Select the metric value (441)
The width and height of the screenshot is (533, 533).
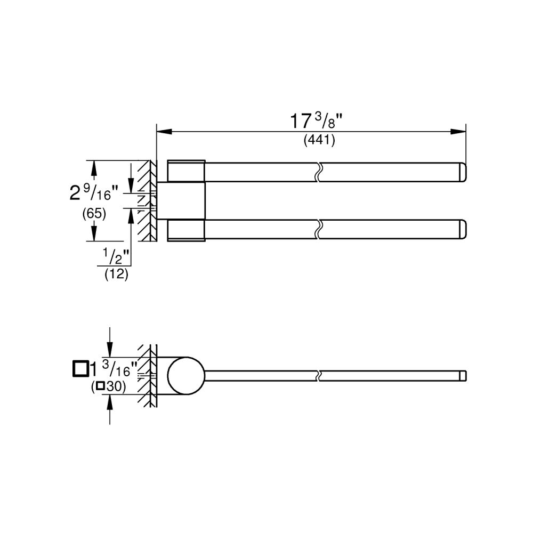tap(319, 140)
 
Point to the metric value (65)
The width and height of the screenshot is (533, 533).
tap(94, 213)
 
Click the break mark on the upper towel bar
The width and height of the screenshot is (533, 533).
tap(318, 173)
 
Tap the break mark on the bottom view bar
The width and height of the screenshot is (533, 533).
tap(318, 376)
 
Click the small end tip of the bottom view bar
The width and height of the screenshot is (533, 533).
tap(463, 376)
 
